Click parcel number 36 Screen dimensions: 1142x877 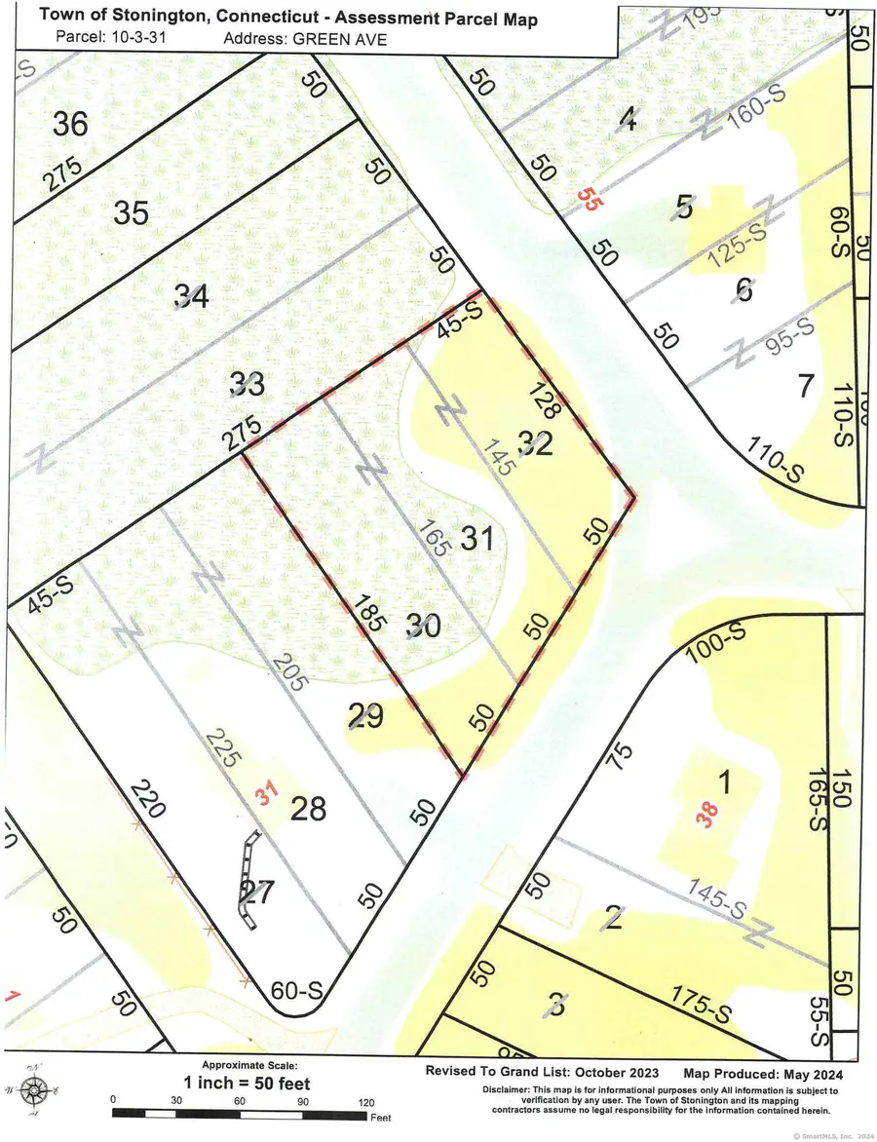(x=71, y=124)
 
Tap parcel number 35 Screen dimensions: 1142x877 (x=131, y=211)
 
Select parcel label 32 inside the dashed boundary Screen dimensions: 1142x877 (x=535, y=443)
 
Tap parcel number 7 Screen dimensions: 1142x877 (x=805, y=387)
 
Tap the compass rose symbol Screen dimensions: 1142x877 (x=35, y=1087)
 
